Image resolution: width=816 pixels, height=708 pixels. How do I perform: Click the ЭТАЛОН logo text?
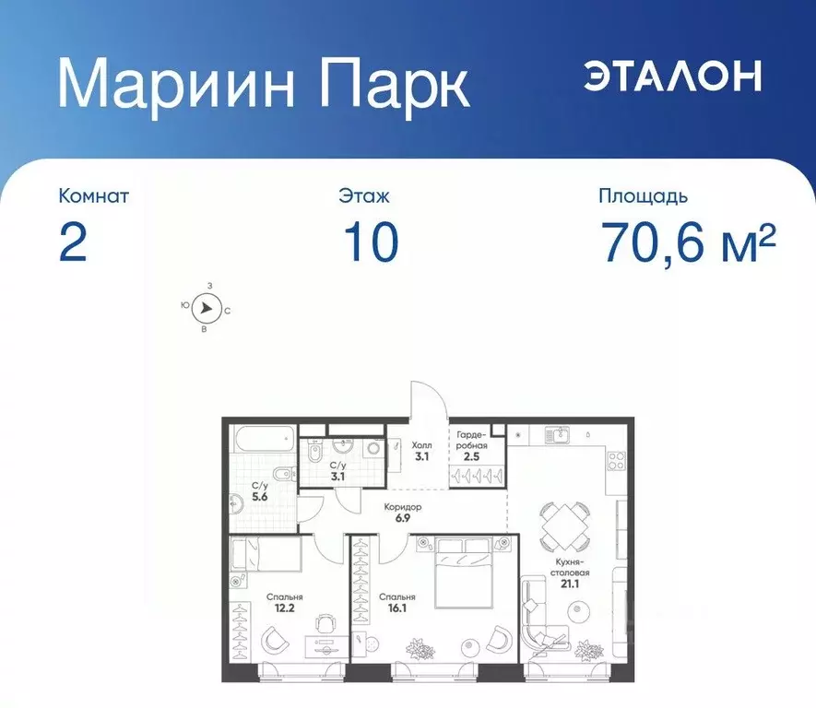click(672, 76)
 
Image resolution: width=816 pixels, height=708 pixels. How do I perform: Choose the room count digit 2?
click(73, 242)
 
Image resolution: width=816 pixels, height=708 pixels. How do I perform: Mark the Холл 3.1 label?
click(420, 450)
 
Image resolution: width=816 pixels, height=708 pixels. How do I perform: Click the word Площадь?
click(642, 196)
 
